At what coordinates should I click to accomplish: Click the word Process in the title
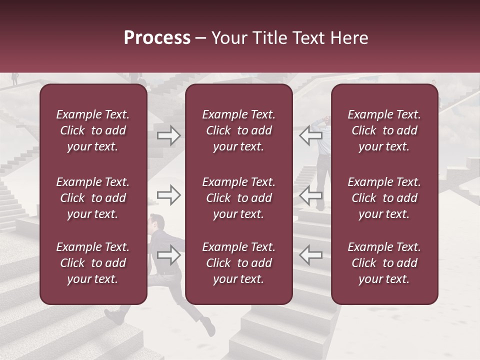coord(157,38)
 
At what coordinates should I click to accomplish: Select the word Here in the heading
coord(349,38)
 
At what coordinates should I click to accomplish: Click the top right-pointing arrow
coord(169,135)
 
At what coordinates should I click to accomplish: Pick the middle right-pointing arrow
coord(169,195)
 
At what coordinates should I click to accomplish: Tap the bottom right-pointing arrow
coord(169,255)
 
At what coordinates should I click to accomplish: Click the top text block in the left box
coord(93,130)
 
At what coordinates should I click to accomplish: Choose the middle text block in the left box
coord(93,198)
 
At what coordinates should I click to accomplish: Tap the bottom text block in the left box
coord(93,263)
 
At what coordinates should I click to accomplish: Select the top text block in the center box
coord(238,130)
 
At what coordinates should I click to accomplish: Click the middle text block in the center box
coord(238,198)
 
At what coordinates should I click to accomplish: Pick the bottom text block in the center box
coord(238,263)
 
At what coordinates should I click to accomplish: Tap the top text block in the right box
coord(384,130)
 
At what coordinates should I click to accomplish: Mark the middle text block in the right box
coord(384,198)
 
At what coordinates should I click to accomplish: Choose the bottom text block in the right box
coord(384,263)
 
